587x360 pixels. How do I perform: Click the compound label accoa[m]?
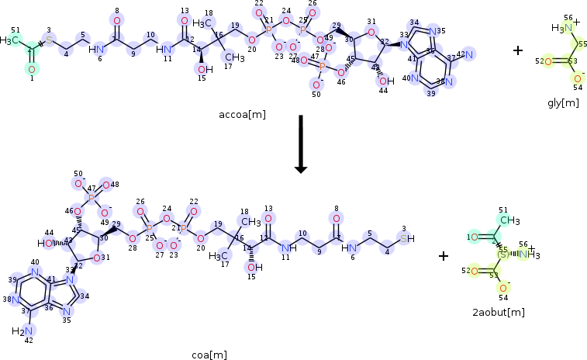tap(243, 115)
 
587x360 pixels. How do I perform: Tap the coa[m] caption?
tap(209, 355)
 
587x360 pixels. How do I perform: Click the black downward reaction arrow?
tap(301, 144)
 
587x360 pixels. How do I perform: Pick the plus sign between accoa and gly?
tap(517, 51)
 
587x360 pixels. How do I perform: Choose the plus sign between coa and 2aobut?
tap(444, 255)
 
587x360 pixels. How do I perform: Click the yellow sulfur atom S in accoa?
tap(49, 40)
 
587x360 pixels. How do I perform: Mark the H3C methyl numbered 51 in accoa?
tap(10, 40)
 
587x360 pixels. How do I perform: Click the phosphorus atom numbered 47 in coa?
tap(91, 199)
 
